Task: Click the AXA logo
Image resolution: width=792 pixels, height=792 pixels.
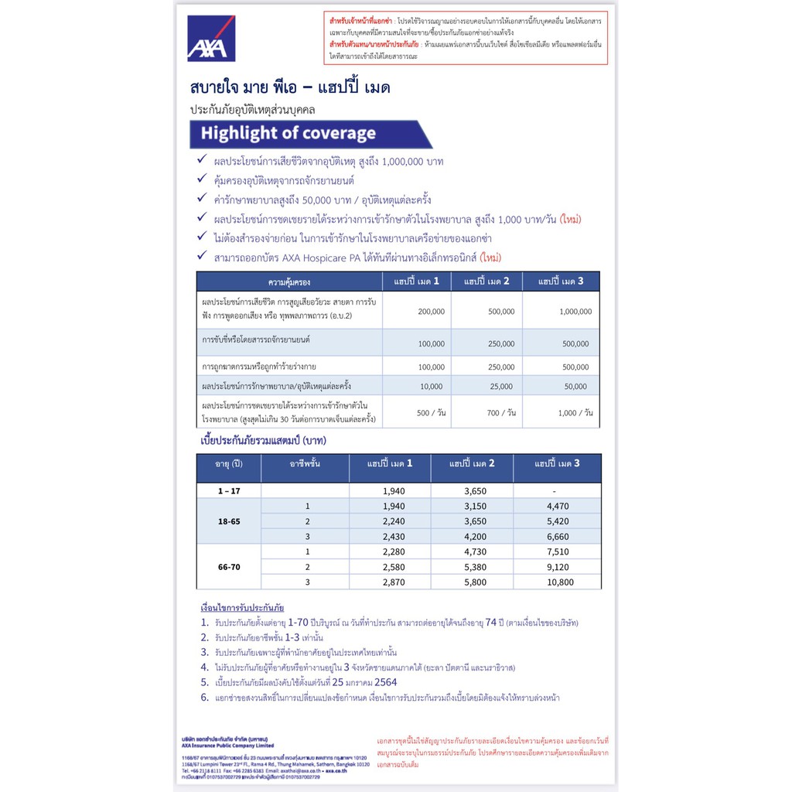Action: (210, 38)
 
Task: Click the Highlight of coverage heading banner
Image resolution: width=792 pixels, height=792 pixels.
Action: (309, 134)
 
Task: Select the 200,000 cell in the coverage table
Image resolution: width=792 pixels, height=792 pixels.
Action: (431, 312)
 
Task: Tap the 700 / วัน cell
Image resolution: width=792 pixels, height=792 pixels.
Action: (500, 413)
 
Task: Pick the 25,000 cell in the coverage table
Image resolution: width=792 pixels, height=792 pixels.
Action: (500, 386)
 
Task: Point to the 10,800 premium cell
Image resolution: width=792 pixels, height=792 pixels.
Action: (557, 582)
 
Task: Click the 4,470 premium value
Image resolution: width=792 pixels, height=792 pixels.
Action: (557, 506)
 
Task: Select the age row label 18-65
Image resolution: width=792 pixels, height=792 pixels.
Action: (229, 521)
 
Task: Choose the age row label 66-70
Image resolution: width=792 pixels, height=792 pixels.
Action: (229, 567)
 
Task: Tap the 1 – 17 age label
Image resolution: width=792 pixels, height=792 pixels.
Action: (229, 491)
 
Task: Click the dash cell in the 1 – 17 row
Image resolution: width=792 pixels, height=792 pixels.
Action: (557, 491)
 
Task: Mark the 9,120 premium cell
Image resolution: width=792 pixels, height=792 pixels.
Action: (557, 567)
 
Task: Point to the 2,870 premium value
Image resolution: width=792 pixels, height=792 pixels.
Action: (394, 582)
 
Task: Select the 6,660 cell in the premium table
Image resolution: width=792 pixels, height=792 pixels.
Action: (557, 536)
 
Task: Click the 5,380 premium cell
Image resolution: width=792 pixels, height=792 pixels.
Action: (475, 567)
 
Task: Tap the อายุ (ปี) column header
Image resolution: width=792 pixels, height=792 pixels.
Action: (229, 464)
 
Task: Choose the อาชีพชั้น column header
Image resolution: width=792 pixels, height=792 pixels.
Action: (306, 464)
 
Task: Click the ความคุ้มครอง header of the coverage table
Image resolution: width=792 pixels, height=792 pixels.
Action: (289, 282)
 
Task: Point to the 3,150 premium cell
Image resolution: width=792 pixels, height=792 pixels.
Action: (475, 506)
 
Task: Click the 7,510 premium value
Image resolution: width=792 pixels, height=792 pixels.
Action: (557, 551)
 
